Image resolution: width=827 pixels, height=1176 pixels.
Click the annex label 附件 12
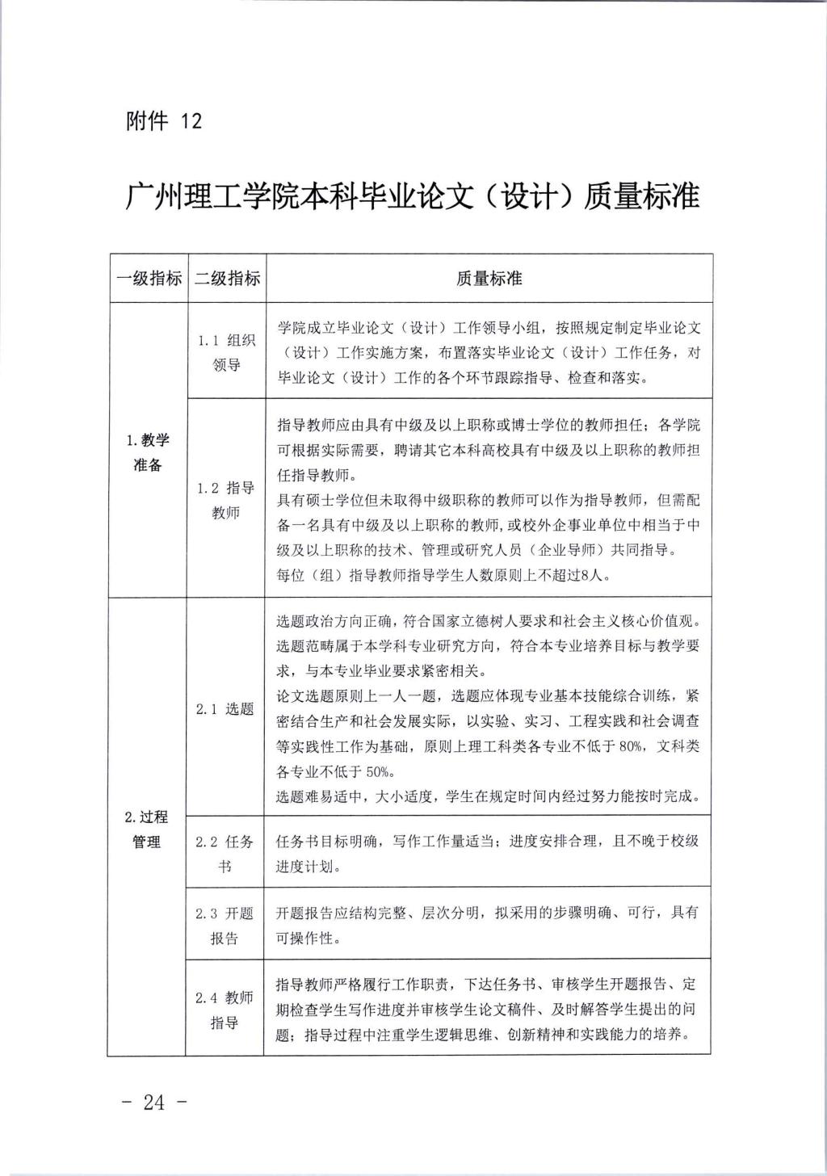pos(164,121)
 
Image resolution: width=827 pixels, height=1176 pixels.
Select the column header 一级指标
pos(149,279)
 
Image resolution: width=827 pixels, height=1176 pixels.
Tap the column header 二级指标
pos(227,279)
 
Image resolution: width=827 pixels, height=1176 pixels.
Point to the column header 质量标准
pos(489,279)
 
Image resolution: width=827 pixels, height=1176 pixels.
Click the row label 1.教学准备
pos(148,452)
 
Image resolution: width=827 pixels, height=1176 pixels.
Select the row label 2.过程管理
pos(147,829)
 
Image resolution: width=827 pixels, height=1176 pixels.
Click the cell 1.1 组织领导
pos(226,352)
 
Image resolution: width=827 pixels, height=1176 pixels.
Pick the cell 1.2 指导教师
pos(226,500)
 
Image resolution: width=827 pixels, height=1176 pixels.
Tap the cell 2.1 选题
pos(225,708)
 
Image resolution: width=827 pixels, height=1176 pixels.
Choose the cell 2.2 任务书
pos(225,854)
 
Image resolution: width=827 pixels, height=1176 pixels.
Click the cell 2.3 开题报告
pos(225,926)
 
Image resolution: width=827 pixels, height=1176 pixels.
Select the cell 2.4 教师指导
pos(225,1010)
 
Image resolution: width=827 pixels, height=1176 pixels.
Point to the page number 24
pos(153,1102)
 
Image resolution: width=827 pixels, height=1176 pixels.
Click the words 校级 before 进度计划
pos(683,841)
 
